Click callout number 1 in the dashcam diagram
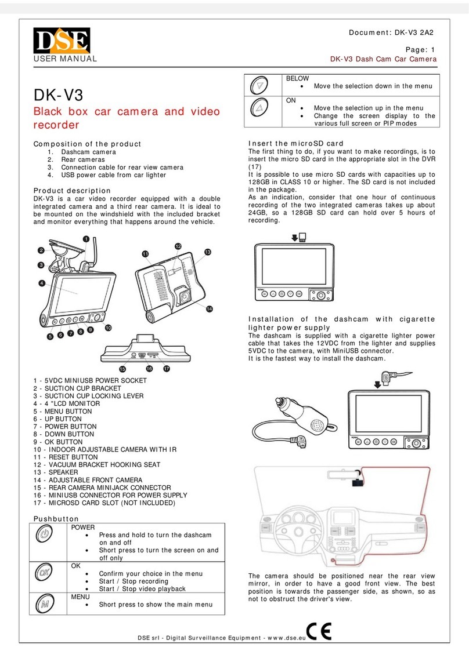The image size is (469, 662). click(86, 238)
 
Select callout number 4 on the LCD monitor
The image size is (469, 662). click(42, 283)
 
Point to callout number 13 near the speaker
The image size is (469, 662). click(207, 252)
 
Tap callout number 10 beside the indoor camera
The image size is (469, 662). click(108, 328)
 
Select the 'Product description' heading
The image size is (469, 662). click(71, 190)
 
